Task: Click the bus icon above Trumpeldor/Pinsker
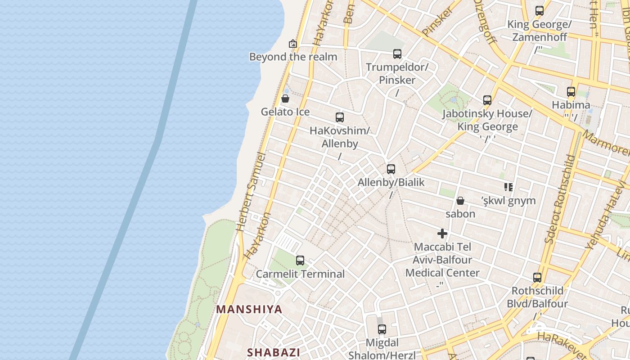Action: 397,54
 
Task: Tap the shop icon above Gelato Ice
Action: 285,99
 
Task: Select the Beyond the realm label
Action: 293,57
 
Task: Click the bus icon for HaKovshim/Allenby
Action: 340,117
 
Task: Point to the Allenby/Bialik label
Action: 391,182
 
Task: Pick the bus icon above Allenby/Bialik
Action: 391,169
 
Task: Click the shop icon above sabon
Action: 460,201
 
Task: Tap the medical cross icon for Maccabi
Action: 442,234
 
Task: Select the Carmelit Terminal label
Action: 300,274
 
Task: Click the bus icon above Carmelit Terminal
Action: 300,260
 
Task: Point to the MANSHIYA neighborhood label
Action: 249,309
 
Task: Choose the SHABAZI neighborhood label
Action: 274,352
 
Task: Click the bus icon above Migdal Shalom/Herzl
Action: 382,329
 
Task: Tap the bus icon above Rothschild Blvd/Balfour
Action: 537,277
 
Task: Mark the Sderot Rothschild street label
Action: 559,199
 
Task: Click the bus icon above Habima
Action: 571,92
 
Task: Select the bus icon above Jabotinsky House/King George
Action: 487,100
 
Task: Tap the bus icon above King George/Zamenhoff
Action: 540,11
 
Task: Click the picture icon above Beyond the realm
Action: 293,44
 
